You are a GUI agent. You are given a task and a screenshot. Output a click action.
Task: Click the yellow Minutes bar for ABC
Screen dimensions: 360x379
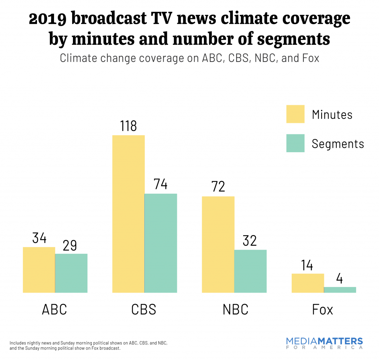[x=39, y=270]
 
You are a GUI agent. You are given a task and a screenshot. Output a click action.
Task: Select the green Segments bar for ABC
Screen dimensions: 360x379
[x=71, y=273]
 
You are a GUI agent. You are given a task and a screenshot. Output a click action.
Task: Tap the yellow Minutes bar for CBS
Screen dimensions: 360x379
[x=128, y=214]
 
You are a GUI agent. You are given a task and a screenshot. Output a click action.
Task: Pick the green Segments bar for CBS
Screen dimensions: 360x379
[x=161, y=243]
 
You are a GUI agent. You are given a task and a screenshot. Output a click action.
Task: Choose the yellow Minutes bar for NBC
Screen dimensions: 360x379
[x=218, y=244]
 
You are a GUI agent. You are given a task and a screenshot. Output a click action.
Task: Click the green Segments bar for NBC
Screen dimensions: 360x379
[x=250, y=271]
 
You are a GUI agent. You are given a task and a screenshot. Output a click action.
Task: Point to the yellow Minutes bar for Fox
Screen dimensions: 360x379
[x=308, y=283]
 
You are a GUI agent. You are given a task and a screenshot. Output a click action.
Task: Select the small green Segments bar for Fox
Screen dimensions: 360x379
[x=340, y=290]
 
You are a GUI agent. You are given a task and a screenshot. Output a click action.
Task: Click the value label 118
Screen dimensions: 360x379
[x=128, y=126]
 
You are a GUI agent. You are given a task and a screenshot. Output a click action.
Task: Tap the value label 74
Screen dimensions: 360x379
[x=160, y=184]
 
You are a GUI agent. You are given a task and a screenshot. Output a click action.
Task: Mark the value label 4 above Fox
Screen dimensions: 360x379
[x=339, y=279]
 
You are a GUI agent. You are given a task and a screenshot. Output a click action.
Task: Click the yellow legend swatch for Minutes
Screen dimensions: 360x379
[x=295, y=114]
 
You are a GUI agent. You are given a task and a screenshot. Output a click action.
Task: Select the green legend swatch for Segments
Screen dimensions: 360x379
[x=295, y=143]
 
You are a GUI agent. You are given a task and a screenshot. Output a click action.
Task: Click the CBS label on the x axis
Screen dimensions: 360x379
[x=144, y=309]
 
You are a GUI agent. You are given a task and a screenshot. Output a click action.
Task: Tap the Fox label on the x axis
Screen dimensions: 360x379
[x=323, y=309]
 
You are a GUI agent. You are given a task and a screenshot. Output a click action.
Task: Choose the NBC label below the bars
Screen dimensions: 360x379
[x=235, y=309]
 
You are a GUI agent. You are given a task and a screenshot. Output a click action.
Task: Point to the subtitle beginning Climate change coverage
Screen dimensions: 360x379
[x=189, y=58]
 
